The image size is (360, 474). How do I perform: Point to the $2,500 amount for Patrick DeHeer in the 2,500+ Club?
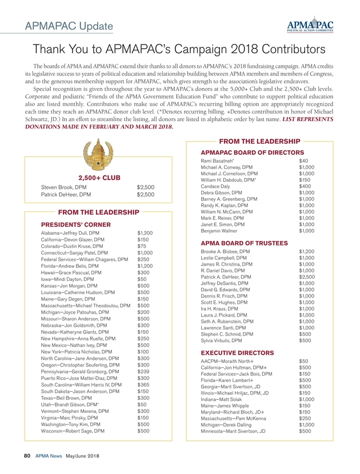pyautogui.click(x=146, y=195)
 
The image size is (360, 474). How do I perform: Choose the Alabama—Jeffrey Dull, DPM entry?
pyautogui.click(x=74, y=233)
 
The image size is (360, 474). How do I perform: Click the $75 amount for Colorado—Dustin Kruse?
pyautogui.click(x=142, y=246)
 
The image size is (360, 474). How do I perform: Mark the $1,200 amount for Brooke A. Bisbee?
pyautogui.click(x=307, y=251)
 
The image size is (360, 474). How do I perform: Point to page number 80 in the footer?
pyautogui.click(x=26, y=456)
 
